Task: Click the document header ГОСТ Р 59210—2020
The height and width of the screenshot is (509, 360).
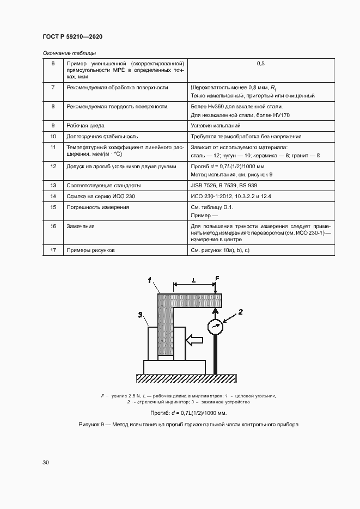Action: [72, 36]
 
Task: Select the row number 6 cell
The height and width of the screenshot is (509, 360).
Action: [53, 64]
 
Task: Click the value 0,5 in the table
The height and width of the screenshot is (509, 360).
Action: [260, 64]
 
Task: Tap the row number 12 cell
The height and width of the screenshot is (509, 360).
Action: [53, 167]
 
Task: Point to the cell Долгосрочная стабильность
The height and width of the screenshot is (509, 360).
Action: [102, 137]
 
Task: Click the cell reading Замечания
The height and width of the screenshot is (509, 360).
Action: [81, 226]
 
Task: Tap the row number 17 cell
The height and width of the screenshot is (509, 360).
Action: [53, 250]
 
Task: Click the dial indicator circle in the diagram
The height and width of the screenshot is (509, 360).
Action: [216, 328]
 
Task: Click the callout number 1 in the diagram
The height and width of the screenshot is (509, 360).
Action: [149, 281]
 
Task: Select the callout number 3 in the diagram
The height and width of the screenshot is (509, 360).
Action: [140, 314]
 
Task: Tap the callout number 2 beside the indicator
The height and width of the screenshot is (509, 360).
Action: [240, 312]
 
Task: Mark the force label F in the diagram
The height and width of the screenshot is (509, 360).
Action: [217, 279]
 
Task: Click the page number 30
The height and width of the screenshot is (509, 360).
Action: [46, 462]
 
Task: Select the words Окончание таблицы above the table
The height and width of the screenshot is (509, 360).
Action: [69, 53]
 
